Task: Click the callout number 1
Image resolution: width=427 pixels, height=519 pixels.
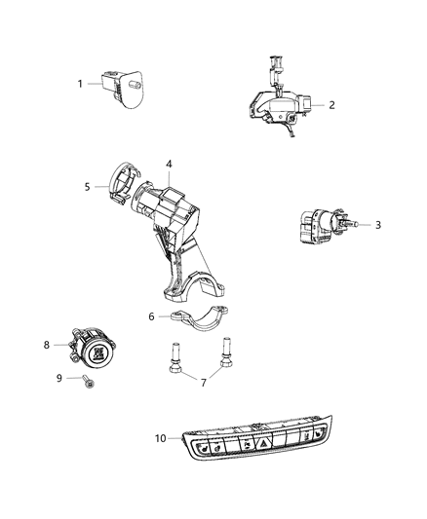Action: [81, 84]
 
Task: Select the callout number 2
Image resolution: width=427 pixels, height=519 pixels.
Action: [331, 104]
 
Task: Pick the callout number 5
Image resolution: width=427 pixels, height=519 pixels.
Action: [87, 186]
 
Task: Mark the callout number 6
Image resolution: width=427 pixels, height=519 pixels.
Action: [151, 316]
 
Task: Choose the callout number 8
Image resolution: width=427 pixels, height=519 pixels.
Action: [46, 344]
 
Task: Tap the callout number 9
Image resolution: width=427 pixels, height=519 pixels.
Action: [58, 379]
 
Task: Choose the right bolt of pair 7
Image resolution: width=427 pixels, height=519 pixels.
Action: [226, 356]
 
